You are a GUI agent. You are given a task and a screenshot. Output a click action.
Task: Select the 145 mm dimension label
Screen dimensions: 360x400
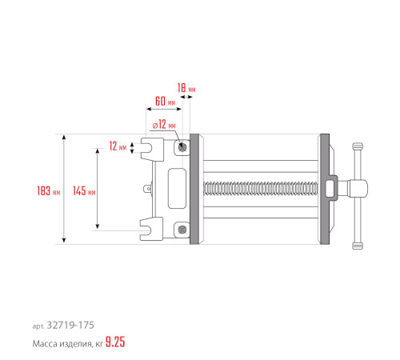click(83, 190)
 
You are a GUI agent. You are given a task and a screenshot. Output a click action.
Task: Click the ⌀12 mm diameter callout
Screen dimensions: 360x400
click(163, 124)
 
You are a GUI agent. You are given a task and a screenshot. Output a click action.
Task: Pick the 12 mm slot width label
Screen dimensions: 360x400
click(118, 146)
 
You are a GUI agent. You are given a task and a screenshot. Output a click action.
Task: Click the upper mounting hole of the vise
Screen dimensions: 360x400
click(184, 147)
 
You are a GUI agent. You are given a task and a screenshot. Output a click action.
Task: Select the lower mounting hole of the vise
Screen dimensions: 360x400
click(184, 230)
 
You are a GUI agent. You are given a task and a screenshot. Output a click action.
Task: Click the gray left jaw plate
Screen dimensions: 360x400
click(194, 189)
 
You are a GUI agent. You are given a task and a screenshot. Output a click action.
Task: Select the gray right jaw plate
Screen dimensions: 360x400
click(324, 189)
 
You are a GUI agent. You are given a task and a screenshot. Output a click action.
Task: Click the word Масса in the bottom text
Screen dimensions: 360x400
click(46, 344)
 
